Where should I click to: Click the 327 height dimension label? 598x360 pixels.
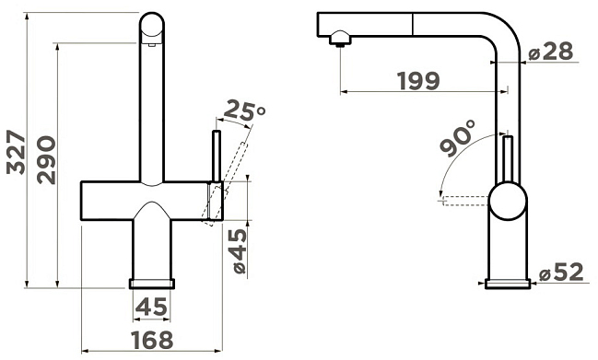pyautogui.click(x=16, y=153)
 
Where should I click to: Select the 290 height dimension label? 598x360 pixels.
pyautogui.click(x=46, y=160)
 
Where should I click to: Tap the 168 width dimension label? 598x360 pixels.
pyautogui.click(x=152, y=340)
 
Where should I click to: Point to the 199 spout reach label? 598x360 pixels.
pyautogui.click(x=418, y=81)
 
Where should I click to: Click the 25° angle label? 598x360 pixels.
pyautogui.click(x=244, y=110)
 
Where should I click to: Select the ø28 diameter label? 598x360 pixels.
pyautogui.click(x=551, y=52)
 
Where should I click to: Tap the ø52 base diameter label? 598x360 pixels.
pyautogui.click(x=561, y=272)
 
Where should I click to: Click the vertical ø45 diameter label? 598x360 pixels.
pyautogui.click(x=240, y=251)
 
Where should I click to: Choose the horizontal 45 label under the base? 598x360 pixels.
pyautogui.click(x=151, y=307)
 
